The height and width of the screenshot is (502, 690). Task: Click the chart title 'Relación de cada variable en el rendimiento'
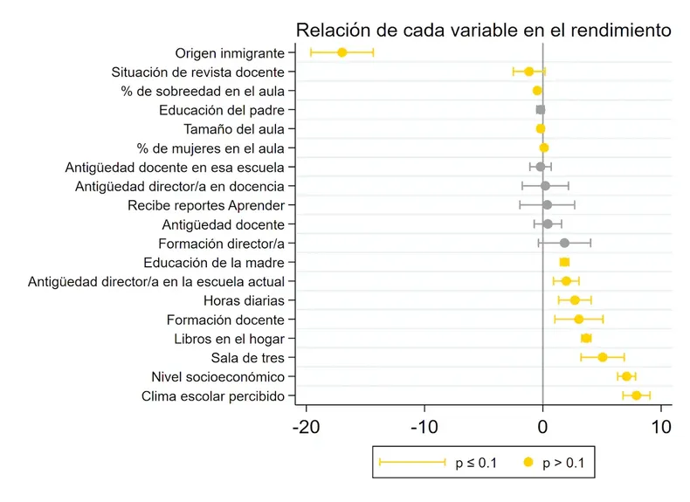(483, 31)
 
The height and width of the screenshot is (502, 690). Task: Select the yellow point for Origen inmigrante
(342, 52)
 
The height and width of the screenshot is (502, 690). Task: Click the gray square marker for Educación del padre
(540, 110)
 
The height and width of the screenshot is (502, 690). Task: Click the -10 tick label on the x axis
(424, 428)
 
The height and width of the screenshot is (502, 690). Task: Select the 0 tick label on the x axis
(543, 428)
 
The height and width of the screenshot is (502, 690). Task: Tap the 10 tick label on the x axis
(660, 428)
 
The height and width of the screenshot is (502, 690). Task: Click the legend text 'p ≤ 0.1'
(476, 463)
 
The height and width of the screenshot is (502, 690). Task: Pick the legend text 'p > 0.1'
(566, 463)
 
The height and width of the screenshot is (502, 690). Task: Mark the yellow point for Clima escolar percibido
(636, 395)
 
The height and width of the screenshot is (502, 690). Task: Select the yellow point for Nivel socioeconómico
(626, 376)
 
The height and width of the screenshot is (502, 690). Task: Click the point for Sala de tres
(602, 357)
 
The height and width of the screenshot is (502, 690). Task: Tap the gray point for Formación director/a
(564, 243)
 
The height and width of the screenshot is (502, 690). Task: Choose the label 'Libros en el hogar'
(236, 339)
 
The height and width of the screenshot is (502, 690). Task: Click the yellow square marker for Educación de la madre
(564, 262)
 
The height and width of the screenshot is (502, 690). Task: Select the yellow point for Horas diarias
(574, 300)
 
